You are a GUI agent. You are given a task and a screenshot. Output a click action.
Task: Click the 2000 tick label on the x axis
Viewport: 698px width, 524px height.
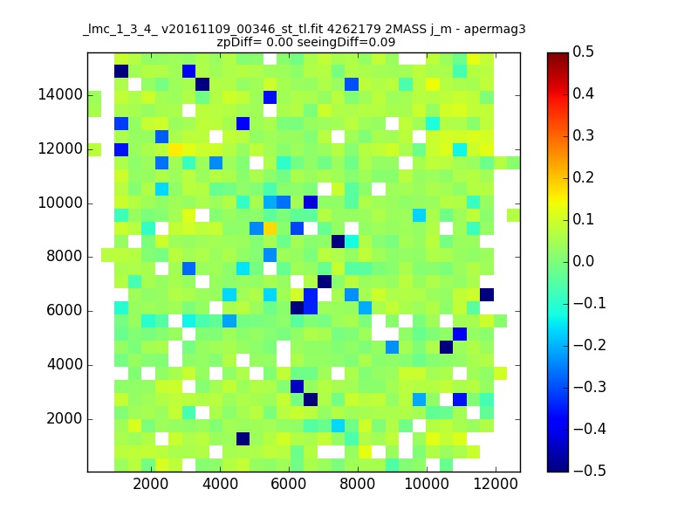coord(151,484)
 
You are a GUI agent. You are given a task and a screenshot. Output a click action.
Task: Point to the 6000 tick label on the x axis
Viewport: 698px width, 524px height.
coord(289,484)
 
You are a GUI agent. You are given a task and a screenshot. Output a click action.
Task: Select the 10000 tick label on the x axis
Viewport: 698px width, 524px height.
coord(427,484)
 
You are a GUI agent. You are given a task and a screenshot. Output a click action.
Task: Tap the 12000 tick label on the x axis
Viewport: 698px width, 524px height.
coord(496,484)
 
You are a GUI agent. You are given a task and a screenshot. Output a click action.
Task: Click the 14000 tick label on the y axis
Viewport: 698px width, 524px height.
coord(60,95)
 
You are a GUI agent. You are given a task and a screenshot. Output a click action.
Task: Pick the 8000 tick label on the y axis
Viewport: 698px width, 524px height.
coord(65,257)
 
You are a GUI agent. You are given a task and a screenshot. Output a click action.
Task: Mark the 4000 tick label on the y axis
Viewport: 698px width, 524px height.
coord(65,365)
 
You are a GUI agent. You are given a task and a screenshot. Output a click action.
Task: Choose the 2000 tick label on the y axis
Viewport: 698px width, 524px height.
coord(65,419)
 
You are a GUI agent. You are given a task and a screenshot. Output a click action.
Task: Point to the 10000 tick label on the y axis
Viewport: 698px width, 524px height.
coord(60,203)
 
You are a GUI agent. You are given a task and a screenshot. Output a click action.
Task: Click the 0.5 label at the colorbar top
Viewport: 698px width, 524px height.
coord(583,52)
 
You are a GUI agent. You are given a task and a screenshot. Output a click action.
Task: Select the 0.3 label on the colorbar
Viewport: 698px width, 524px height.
coord(583,135)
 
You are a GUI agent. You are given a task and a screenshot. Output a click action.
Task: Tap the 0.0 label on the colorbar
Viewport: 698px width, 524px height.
coord(583,261)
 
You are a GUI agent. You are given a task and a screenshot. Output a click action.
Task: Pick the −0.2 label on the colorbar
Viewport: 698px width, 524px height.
coord(590,345)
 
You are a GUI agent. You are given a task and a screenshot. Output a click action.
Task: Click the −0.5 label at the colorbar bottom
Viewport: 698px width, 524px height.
coord(590,471)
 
